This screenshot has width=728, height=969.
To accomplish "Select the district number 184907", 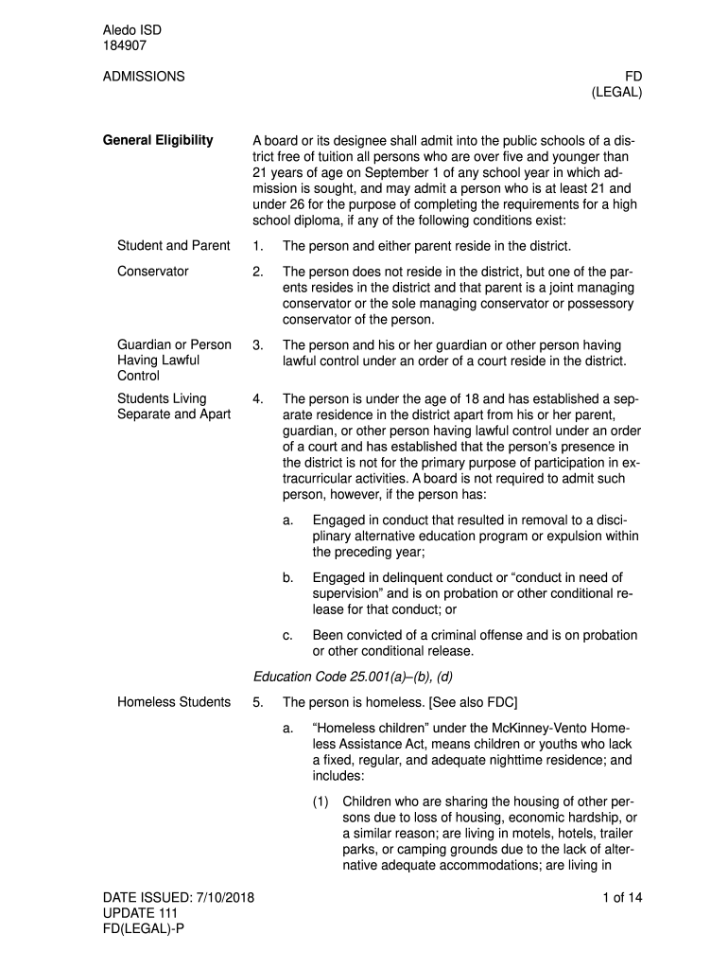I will (125, 44).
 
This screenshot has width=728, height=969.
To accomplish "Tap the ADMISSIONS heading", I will (144, 76).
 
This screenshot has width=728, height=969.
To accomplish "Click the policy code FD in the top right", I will (633, 76).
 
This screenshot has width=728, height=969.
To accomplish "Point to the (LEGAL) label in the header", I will (617, 93).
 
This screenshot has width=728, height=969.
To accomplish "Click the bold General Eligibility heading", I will (158, 141).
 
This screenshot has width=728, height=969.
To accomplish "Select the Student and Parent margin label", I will (173, 246).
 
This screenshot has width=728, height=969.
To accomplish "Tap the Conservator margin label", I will (152, 272).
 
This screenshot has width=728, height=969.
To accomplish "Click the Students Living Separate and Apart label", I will (174, 407).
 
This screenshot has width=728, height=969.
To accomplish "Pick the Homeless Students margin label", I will (173, 702).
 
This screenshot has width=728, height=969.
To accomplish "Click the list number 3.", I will (258, 345).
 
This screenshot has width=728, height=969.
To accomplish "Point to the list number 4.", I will (258, 399).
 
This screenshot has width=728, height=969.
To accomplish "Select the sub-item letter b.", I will (287, 577).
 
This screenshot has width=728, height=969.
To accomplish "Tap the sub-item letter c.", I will (287, 635).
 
